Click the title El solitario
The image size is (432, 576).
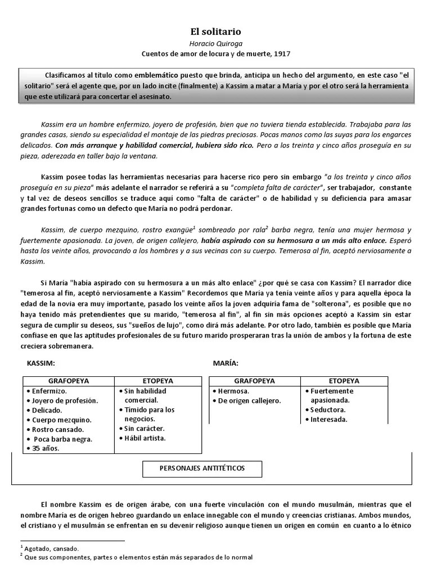point(216,33)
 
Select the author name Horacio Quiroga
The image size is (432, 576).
point(216,43)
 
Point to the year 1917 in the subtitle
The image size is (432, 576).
point(282,53)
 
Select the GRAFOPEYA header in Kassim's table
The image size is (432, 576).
point(68,381)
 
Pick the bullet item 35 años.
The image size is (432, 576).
point(44,448)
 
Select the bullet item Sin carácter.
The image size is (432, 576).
point(143,429)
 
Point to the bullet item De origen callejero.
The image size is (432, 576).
point(246,400)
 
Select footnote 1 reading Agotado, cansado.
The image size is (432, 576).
point(51,548)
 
